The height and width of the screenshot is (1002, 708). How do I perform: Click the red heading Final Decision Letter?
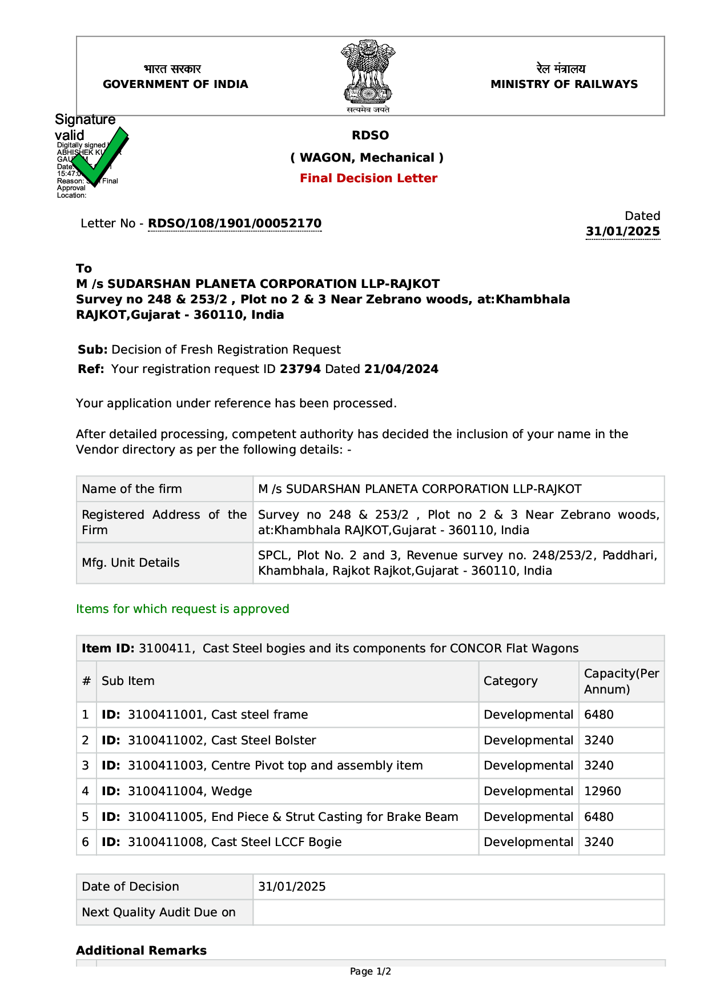pyautogui.click(x=368, y=178)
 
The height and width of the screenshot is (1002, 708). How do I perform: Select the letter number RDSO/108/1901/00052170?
pyautogui.click(x=235, y=223)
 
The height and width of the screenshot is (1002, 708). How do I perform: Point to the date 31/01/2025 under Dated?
pyautogui.click(x=622, y=231)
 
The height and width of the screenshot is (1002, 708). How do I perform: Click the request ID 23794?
pyautogui.click(x=300, y=369)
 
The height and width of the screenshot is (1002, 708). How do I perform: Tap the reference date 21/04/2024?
pyautogui.click(x=401, y=369)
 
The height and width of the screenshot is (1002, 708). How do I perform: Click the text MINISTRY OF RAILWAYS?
pyautogui.click(x=564, y=84)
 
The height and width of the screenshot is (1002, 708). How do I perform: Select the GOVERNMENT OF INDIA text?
pyautogui.click(x=175, y=84)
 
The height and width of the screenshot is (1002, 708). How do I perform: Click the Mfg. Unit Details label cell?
pyautogui.click(x=131, y=563)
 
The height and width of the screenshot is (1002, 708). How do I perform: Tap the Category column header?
pyautogui.click(x=510, y=681)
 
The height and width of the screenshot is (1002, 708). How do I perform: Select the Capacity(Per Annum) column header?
pyautogui.click(x=621, y=681)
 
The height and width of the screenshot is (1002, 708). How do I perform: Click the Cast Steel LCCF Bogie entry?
pyautogui.click(x=276, y=842)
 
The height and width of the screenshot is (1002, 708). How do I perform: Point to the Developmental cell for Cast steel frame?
pyautogui.click(x=528, y=715)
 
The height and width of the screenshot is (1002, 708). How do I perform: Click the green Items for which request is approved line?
pyautogui.click(x=183, y=609)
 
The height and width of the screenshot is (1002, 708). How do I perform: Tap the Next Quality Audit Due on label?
pyautogui.click(x=159, y=912)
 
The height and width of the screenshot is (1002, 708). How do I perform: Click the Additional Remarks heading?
pyautogui.click(x=141, y=951)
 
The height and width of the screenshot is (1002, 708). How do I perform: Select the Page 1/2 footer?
pyautogui.click(x=370, y=971)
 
